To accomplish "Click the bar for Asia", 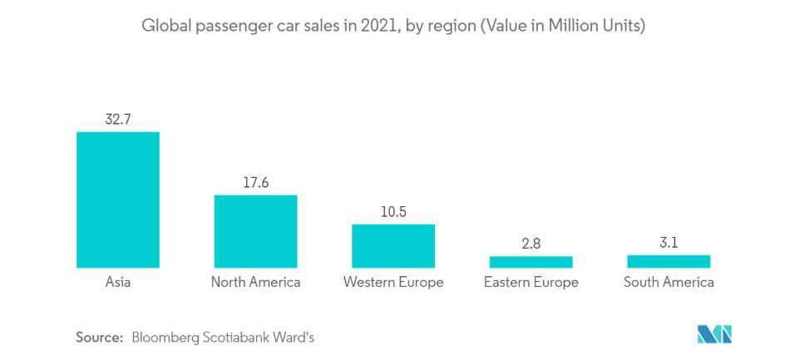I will pos(117,200).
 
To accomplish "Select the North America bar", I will pos(255,231).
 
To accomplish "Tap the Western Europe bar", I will pos(392,246).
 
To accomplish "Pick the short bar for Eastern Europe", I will pos(531,262).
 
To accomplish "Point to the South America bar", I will pos(669,261).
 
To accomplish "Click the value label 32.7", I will pos(117,119).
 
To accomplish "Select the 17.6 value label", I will pos(255,182).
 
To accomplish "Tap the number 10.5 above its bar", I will pos(392,211).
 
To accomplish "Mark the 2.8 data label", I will pos(531,243).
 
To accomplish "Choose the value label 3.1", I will pos(669,242).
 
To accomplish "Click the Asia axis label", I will pos(117,282).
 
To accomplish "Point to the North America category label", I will pos(255,282).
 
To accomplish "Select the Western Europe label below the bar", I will pos(392,282).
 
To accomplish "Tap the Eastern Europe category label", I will pos(531,282).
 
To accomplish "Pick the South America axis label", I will pos(669,282).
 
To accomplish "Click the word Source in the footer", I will pos(99,337).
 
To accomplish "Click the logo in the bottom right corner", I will pos(714,334).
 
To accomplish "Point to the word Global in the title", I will pos(163,27).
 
